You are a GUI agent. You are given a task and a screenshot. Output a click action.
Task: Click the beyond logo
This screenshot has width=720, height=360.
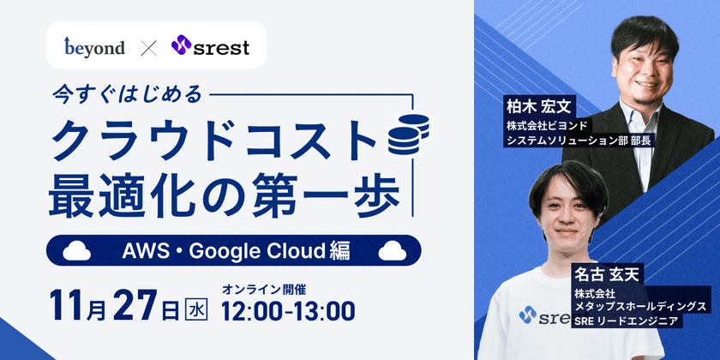pyautogui.click(x=94, y=46)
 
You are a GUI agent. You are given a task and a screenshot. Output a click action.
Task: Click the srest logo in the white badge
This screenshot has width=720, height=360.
pyautogui.click(x=210, y=46)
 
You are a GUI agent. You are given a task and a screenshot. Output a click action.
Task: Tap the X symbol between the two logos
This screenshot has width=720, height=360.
pyautogui.click(x=148, y=46)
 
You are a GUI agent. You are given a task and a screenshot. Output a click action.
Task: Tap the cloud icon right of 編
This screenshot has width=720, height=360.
pyautogui.click(x=392, y=250)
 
